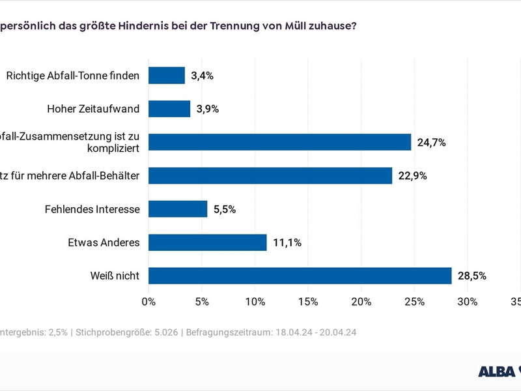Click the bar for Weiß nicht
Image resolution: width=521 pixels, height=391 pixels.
click(x=300, y=276)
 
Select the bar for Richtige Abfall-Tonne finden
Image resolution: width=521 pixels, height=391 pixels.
click(x=167, y=76)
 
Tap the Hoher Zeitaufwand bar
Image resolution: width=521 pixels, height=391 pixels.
click(x=169, y=109)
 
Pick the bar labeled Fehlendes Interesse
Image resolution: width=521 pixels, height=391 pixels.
click(x=178, y=209)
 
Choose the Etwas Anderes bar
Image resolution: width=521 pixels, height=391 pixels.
click(x=208, y=242)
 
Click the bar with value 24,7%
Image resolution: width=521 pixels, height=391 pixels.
click(x=280, y=142)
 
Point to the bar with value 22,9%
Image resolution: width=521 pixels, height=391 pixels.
click(x=270, y=175)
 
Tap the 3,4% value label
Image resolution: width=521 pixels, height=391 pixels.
click(x=203, y=76)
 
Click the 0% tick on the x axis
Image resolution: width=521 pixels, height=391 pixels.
click(x=148, y=302)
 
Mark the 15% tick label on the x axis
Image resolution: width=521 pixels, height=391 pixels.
click(x=308, y=302)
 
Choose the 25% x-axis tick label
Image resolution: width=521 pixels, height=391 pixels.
click(x=415, y=302)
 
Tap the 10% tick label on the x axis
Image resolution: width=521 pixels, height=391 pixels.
click(x=255, y=302)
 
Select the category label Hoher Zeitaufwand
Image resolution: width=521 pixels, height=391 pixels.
click(x=94, y=109)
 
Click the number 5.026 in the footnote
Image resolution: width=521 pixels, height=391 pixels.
click(x=164, y=332)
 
